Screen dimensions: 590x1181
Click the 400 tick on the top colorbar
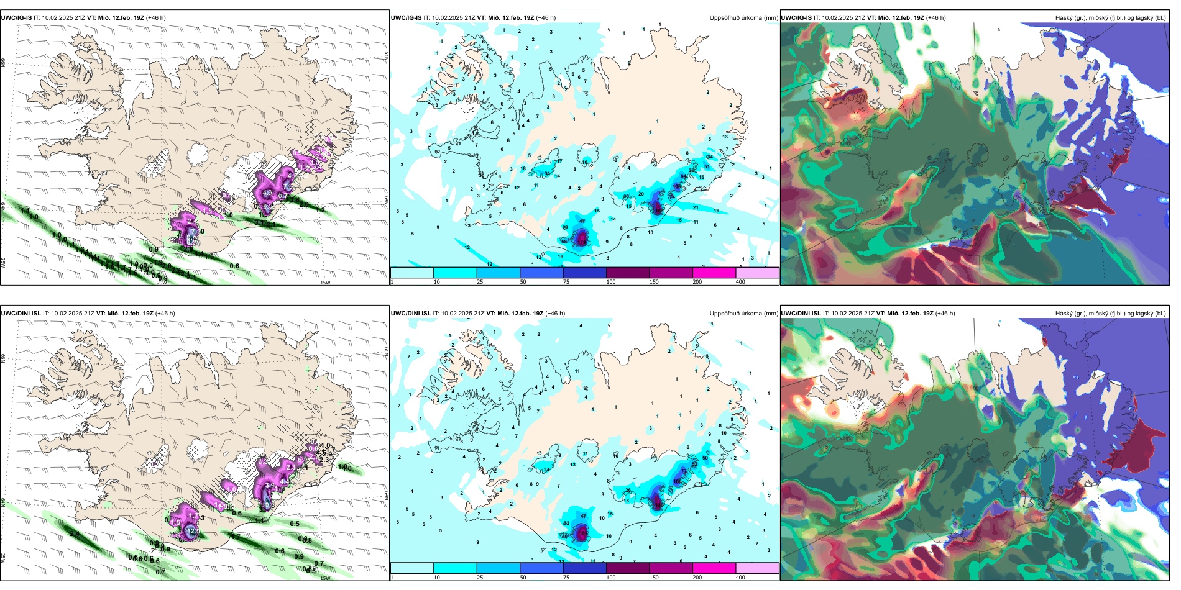[x=740, y=282]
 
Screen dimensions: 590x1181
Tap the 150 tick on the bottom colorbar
[x=654, y=578]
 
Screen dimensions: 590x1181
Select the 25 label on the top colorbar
[x=480, y=282]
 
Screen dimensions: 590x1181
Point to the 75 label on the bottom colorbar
[x=566, y=578]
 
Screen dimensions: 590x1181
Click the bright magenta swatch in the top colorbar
[x=714, y=273]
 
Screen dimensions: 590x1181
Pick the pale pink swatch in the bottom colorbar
[x=757, y=568]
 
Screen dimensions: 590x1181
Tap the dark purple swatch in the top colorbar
[x=628, y=273]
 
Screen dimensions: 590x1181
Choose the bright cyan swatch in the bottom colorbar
[x=455, y=568]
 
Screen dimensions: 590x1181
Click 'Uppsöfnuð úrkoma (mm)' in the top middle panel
[x=743, y=18]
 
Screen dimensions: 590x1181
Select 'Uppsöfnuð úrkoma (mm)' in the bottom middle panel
[x=743, y=314]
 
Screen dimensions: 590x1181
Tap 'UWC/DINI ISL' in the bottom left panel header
[x=21, y=314]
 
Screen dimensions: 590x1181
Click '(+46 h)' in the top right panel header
[x=935, y=18]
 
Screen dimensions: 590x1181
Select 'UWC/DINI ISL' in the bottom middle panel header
[x=411, y=314]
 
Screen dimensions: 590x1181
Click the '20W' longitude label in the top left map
[x=162, y=283]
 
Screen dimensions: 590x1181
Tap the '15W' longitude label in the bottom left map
[x=325, y=578]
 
